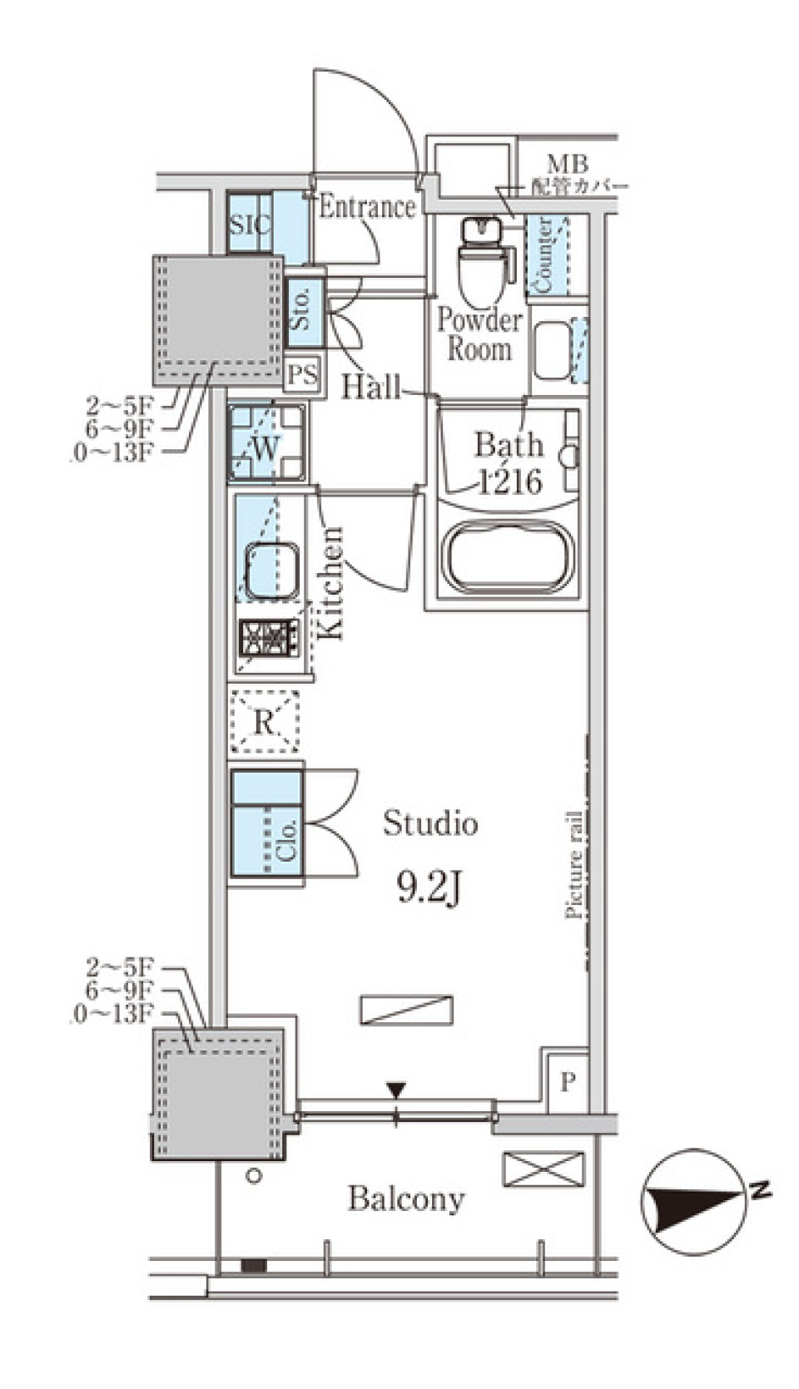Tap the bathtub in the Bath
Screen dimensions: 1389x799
pyautogui.click(x=509, y=557)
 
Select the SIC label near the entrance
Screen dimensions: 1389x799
pyautogui.click(x=250, y=224)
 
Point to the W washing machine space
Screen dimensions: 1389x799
pyautogui.click(x=266, y=444)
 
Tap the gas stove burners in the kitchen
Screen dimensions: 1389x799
pyautogui.click(x=269, y=638)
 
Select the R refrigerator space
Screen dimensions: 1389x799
pyautogui.click(x=264, y=721)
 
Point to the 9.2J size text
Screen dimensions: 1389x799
pyautogui.click(x=429, y=889)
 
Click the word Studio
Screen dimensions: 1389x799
pyautogui.click(x=430, y=823)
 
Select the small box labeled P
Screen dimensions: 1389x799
pyautogui.click(x=567, y=1082)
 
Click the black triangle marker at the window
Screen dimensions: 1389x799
pyautogui.click(x=396, y=1089)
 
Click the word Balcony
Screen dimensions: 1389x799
pyautogui.click(x=406, y=1199)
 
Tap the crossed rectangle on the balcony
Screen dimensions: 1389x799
pyautogui.click(x=543, y=1169)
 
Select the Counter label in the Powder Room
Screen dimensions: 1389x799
pyautogui.click(x=545, y=254)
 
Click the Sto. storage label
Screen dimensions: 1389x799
pyautogui.click(x=302, y=308)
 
